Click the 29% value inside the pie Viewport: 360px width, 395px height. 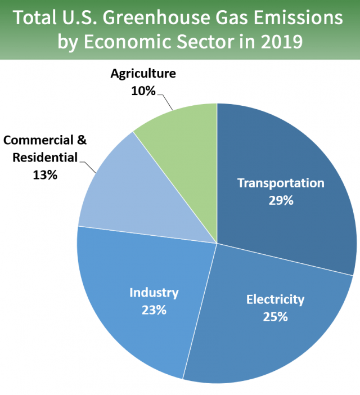pos(281,200)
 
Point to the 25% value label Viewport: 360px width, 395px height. pos(275,316)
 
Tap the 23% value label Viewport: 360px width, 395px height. pos(154,309)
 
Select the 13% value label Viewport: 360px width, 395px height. pos(45,175)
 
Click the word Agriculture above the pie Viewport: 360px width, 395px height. pos(143,74)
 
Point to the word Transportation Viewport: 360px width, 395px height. pos(281,183)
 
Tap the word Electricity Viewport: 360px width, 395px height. pos(275,299)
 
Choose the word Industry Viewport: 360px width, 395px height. pos(154,293)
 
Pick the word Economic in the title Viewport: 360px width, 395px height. pos(123,41)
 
